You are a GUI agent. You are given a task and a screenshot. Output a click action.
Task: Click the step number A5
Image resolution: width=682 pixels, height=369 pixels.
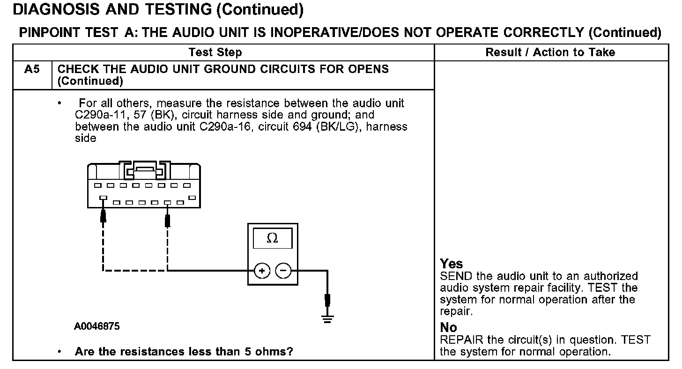click(32, 69)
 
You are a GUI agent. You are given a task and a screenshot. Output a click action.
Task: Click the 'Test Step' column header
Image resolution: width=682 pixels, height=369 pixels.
click(215, 52)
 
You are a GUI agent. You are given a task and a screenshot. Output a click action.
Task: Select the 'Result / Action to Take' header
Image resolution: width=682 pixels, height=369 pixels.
click(550, 52)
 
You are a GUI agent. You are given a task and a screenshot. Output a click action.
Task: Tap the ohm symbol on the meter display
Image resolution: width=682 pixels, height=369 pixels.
click(272, 239)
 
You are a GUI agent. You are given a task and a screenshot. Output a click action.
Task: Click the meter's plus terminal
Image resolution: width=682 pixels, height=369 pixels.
click(262, 270)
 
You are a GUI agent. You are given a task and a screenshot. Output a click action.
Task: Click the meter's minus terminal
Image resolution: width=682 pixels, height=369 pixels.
click(283, 270)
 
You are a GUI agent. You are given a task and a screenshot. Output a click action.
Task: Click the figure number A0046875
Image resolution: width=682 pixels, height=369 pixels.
click(97, 326)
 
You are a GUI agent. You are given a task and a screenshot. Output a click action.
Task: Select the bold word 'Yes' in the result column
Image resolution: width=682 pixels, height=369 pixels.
click(452, 265)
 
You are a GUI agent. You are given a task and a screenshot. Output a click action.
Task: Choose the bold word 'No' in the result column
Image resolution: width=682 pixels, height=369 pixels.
click(449, 328)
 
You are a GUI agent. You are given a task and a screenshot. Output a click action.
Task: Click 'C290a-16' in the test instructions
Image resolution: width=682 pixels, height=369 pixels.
click(221, 127)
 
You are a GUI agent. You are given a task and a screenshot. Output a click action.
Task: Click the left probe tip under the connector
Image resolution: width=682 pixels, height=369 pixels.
click(103, 217)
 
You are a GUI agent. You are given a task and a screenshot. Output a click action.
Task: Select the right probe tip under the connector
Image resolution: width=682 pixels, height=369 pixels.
click(168, 219)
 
